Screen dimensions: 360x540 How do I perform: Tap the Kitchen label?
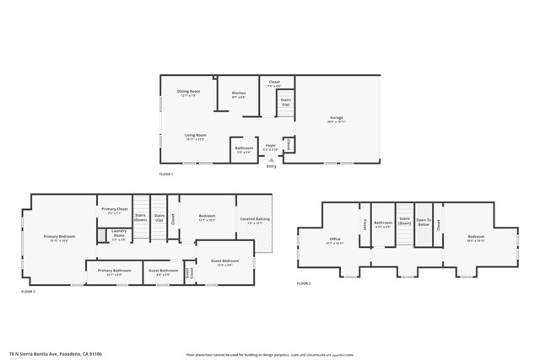point(239,94)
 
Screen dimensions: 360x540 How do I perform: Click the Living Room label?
point(196,137)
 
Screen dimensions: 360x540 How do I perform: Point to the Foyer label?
point(271,148)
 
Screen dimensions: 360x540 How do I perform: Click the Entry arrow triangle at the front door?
point(271,159)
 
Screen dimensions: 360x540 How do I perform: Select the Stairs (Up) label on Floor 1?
point(285,101)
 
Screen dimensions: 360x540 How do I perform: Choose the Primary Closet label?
point(115,211)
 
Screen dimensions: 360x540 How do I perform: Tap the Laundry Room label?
point(119,234)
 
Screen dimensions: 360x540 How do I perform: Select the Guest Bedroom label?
point(224,262)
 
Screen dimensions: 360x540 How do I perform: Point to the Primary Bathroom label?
point(114,272)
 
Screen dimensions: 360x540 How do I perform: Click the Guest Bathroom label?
point(163,272)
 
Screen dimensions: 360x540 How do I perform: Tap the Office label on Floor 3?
point(334,240)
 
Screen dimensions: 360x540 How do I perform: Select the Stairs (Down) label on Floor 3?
point(404,221)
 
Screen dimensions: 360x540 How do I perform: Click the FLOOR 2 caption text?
point(29,292)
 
